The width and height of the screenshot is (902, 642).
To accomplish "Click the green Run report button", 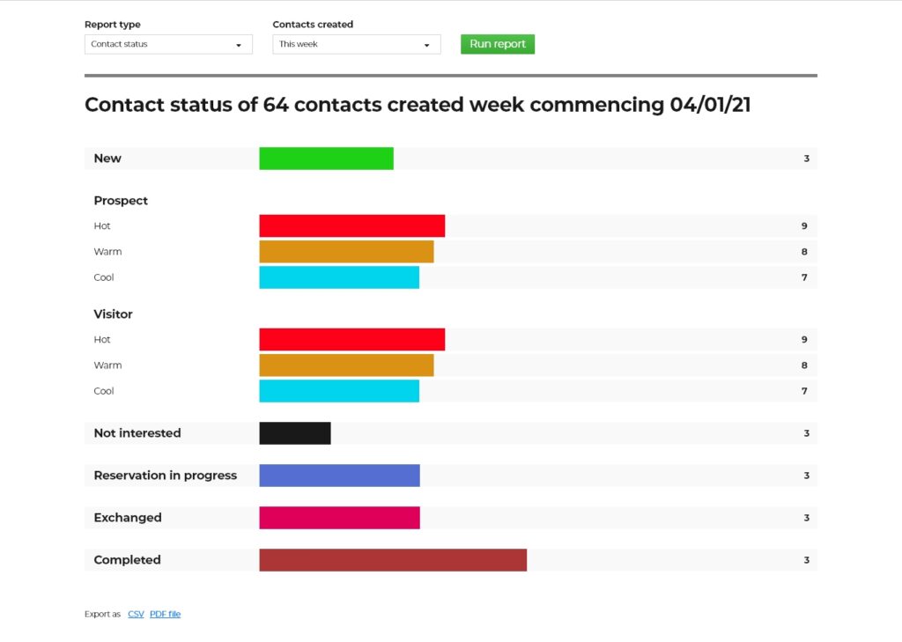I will tap(497, 44).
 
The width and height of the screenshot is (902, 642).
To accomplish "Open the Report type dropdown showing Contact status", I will tap(168, 44).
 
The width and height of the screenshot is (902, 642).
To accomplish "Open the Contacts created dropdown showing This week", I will tap(356, 44).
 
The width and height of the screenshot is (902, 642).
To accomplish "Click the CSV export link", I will tap(136, 614).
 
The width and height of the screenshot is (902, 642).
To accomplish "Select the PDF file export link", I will tap(165, 614).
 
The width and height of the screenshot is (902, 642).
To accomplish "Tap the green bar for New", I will tap(326, 159).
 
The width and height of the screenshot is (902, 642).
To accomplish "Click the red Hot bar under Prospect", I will tap(351, 226).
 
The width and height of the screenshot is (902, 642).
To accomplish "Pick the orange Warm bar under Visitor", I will tap(346, 365).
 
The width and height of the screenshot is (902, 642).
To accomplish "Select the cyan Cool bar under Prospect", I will tap(339, 277).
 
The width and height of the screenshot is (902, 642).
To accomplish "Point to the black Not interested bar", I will tap(295, 433).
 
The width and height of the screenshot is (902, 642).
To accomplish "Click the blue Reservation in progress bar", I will tap(339, 476).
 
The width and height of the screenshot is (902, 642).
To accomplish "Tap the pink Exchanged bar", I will tap(339, 518).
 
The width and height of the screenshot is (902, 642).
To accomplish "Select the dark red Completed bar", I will tap(393, 560).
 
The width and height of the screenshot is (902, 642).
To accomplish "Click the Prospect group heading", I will tap(121, 201).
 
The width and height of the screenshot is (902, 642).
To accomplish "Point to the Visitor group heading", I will tap(113, 314).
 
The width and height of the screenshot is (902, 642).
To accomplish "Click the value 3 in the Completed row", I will tap(806, 560).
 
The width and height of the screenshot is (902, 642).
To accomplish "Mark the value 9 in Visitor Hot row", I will tap(804, 340).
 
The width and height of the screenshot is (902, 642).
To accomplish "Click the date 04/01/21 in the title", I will tap(710, 106).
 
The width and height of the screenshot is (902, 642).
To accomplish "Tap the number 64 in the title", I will tap(275, 106).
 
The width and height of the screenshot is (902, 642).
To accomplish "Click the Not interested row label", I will tap(137, 433).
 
